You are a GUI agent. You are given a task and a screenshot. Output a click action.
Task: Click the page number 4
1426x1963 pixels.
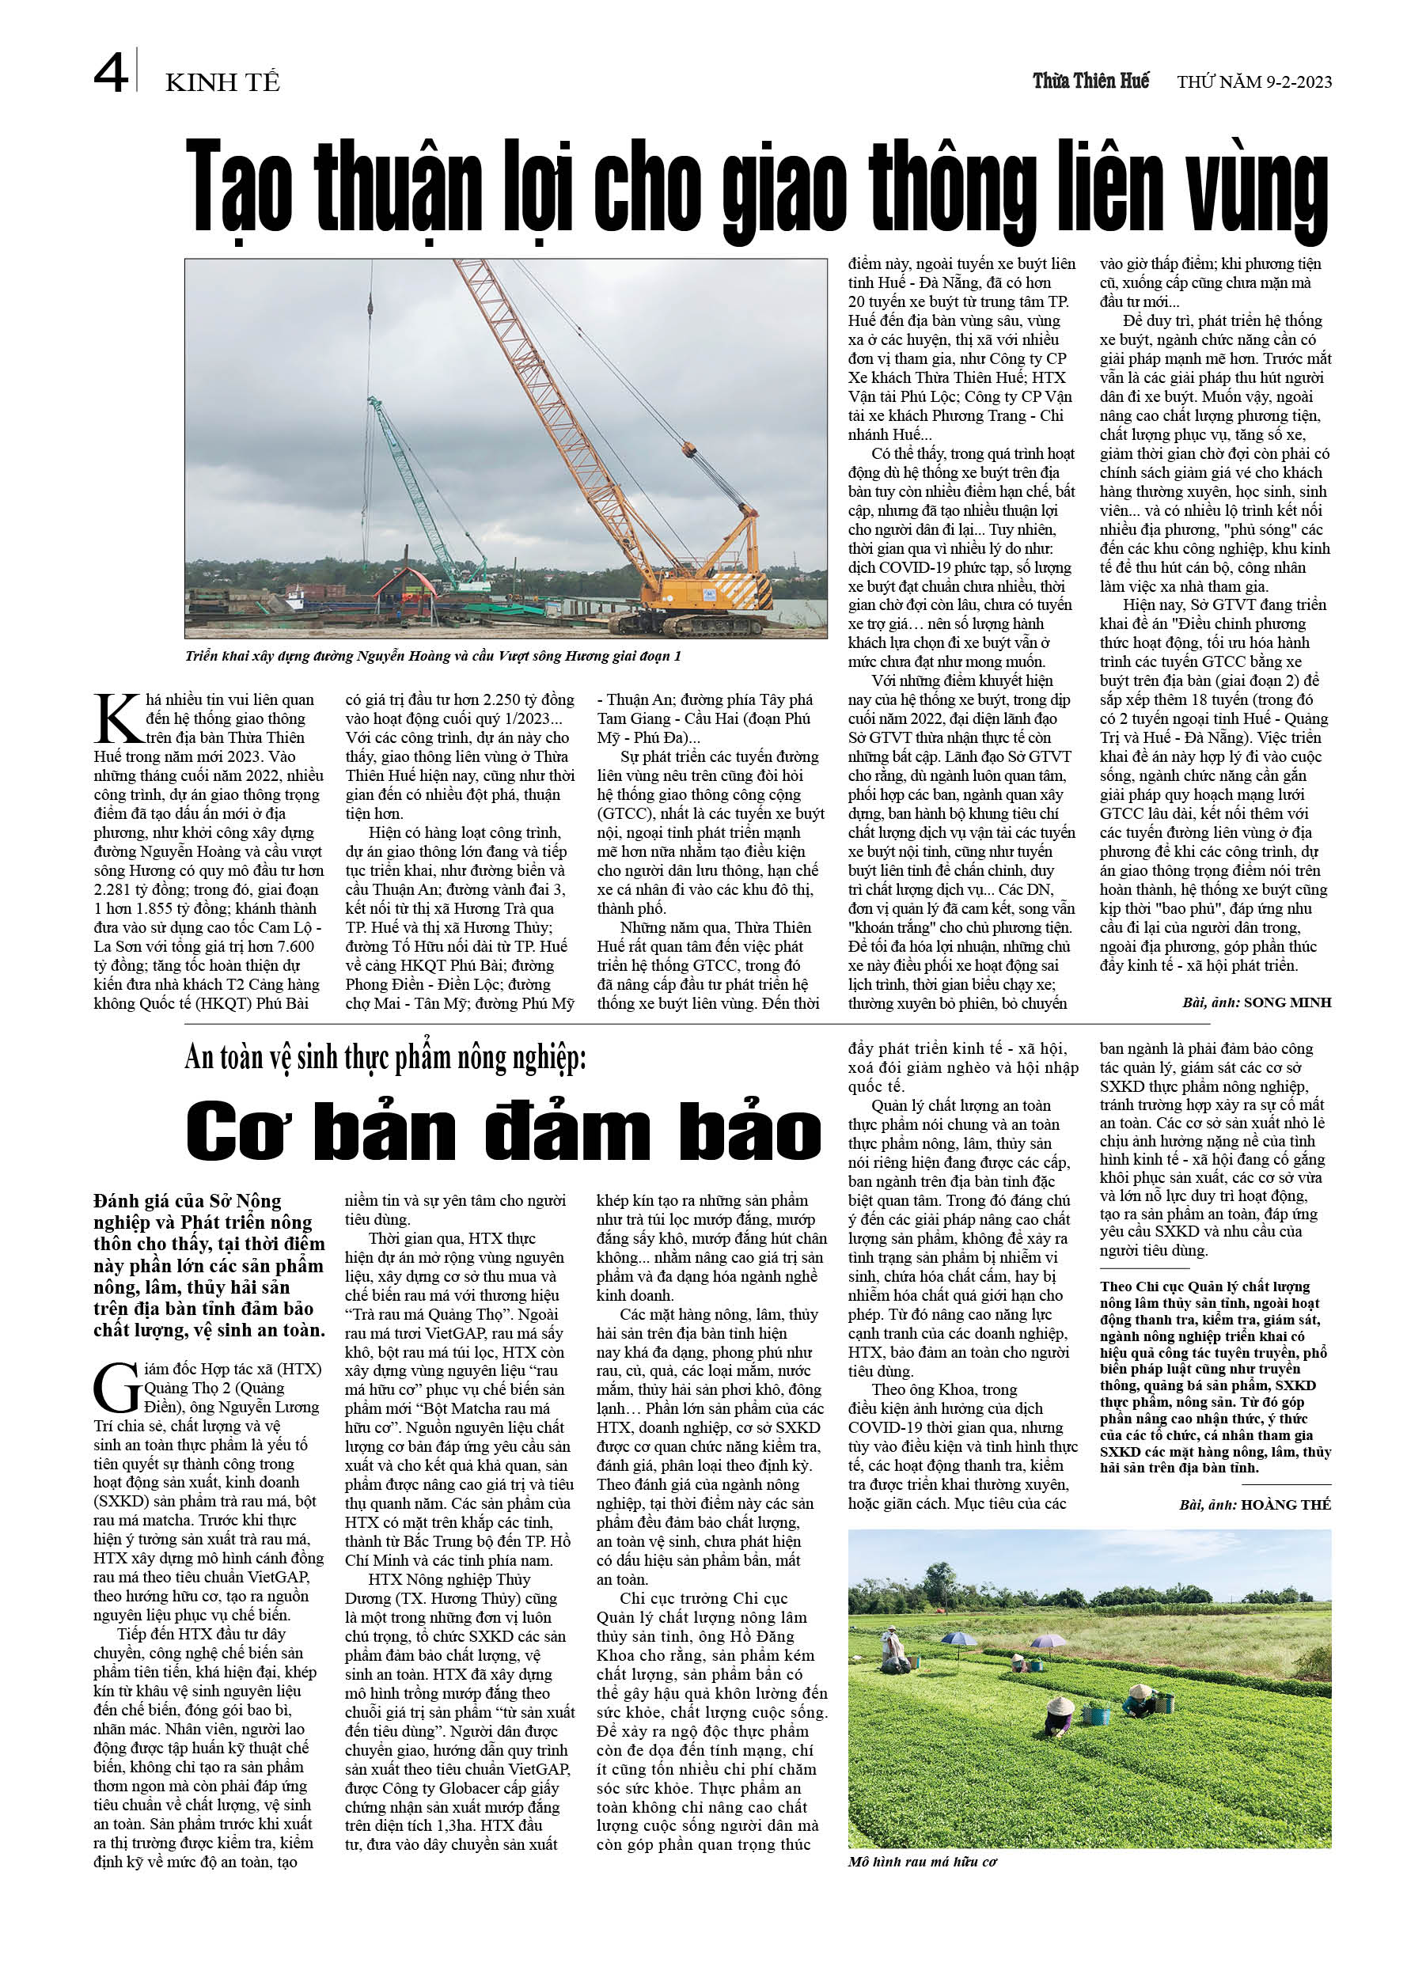tap(110, 74)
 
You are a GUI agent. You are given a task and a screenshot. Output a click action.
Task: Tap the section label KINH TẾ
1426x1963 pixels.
tap(222, 83)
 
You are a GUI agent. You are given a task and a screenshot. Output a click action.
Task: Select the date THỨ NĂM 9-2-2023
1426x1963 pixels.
tap(1253, 83)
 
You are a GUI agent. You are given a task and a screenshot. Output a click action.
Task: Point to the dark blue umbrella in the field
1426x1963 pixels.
tap(958, 1639)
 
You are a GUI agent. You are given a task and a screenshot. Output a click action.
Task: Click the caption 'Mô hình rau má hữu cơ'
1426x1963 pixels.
tap(922, 1862)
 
